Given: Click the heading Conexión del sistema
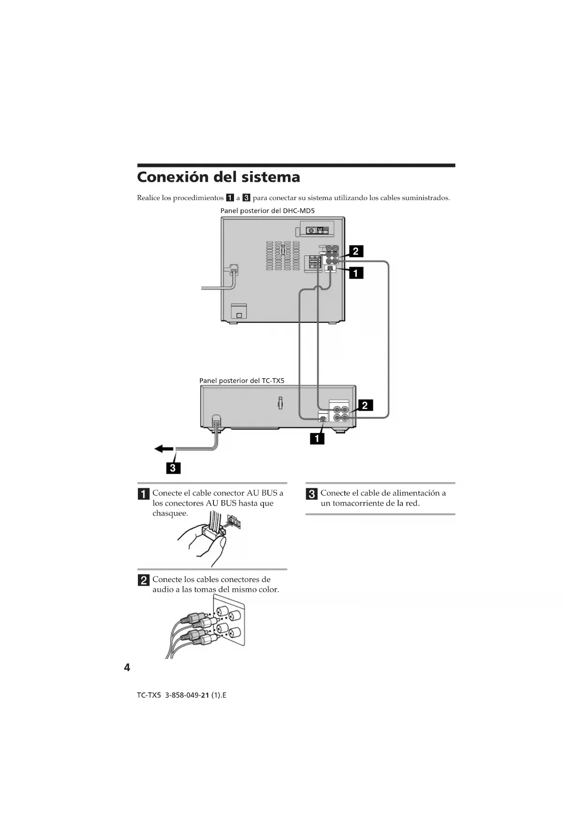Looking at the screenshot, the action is (x=218, y=177).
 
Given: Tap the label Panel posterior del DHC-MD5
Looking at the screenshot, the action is (x=267, y=211).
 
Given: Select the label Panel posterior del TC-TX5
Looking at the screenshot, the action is (x=242, y=381).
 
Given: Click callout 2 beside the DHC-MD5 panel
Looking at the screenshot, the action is (x=355, y=251).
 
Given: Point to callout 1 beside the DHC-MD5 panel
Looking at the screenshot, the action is (x=356, y=272).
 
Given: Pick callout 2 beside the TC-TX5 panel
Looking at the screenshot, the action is (x=365, y=405).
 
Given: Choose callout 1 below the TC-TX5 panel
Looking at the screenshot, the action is (x=317, y=438).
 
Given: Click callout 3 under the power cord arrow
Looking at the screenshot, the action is (x=173, y=468).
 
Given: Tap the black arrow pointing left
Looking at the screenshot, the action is (x=164, y=449).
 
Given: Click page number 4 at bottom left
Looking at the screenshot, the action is (x=127, y=667).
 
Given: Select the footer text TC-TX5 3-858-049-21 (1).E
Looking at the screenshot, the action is (x=181, y=695).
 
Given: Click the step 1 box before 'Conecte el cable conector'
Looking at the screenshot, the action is (x=144, y=494).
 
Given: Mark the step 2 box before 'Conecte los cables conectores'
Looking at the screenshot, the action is (x=144, y=580).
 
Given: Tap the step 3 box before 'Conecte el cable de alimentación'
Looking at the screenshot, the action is (x=311, y=494).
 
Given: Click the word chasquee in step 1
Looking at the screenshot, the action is (x=170, y=514).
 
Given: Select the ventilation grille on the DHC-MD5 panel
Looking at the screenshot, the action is (x=283, y=256).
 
